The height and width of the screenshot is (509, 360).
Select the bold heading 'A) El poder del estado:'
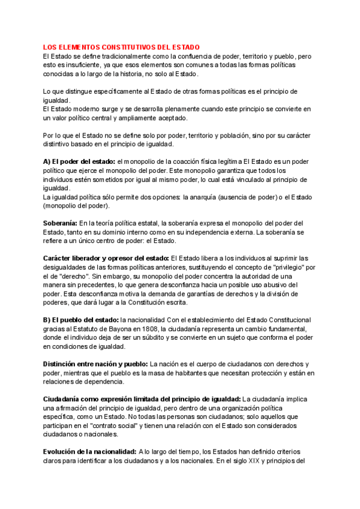point(79,162)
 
